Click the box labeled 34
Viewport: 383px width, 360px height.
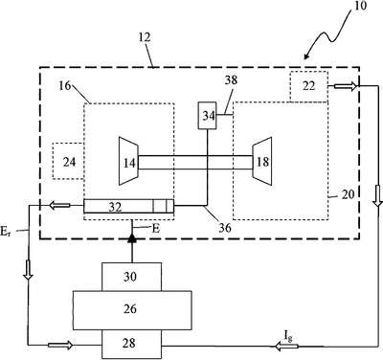click(x=207, y=115)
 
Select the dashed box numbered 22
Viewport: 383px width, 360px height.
click(x=308, y=86)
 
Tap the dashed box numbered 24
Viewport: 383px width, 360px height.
click(x=68, y=161)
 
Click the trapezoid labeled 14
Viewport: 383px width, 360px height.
click(x=128, y=161)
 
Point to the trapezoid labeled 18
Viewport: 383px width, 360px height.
click(x=262, y=161)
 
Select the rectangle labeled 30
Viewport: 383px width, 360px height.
click(x=131, y=277)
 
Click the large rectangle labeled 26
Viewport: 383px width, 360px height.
click(x=132, y=310)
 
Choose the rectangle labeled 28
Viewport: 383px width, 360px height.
click(x=131, y=344)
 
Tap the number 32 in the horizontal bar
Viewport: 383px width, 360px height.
click(x=115, y=208)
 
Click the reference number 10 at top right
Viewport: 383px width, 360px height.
click(x=360, y=6)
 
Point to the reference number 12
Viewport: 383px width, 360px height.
click(x=145, y=37)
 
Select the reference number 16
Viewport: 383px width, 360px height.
click(x=65, y=85)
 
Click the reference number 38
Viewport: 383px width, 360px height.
click(x=231, y=79)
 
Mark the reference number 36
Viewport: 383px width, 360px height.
click(x=224, y=227)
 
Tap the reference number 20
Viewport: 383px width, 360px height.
click(x=348, y=194)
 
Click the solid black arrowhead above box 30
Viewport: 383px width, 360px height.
click(x=131, y=237)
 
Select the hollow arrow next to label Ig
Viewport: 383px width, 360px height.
click(x=286, y=346)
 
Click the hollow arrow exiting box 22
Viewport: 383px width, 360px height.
click(x=346, y=86)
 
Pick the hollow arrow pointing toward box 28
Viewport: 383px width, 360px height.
click(x=60, y=345)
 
